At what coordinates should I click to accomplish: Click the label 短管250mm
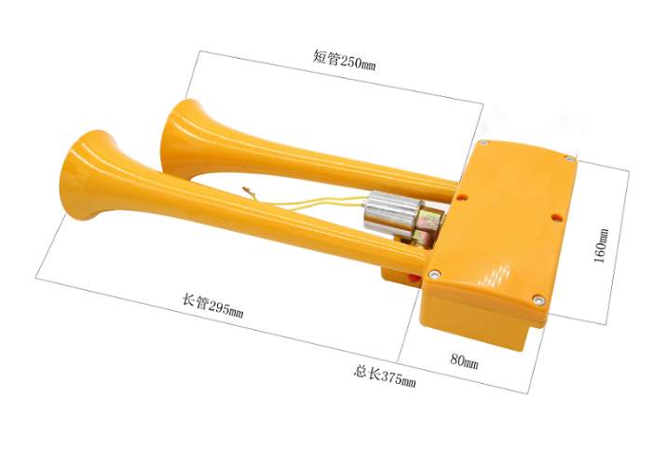click(344, 61)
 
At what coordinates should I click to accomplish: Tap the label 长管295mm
click(212, 306)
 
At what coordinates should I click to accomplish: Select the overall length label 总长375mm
click(385, 375)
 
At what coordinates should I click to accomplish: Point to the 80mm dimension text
click(464, 361)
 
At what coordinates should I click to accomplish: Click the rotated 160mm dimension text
click(601, 245)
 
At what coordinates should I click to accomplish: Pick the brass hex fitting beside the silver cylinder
click(428, 225)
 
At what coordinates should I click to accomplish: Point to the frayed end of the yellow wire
click(248, 191)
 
